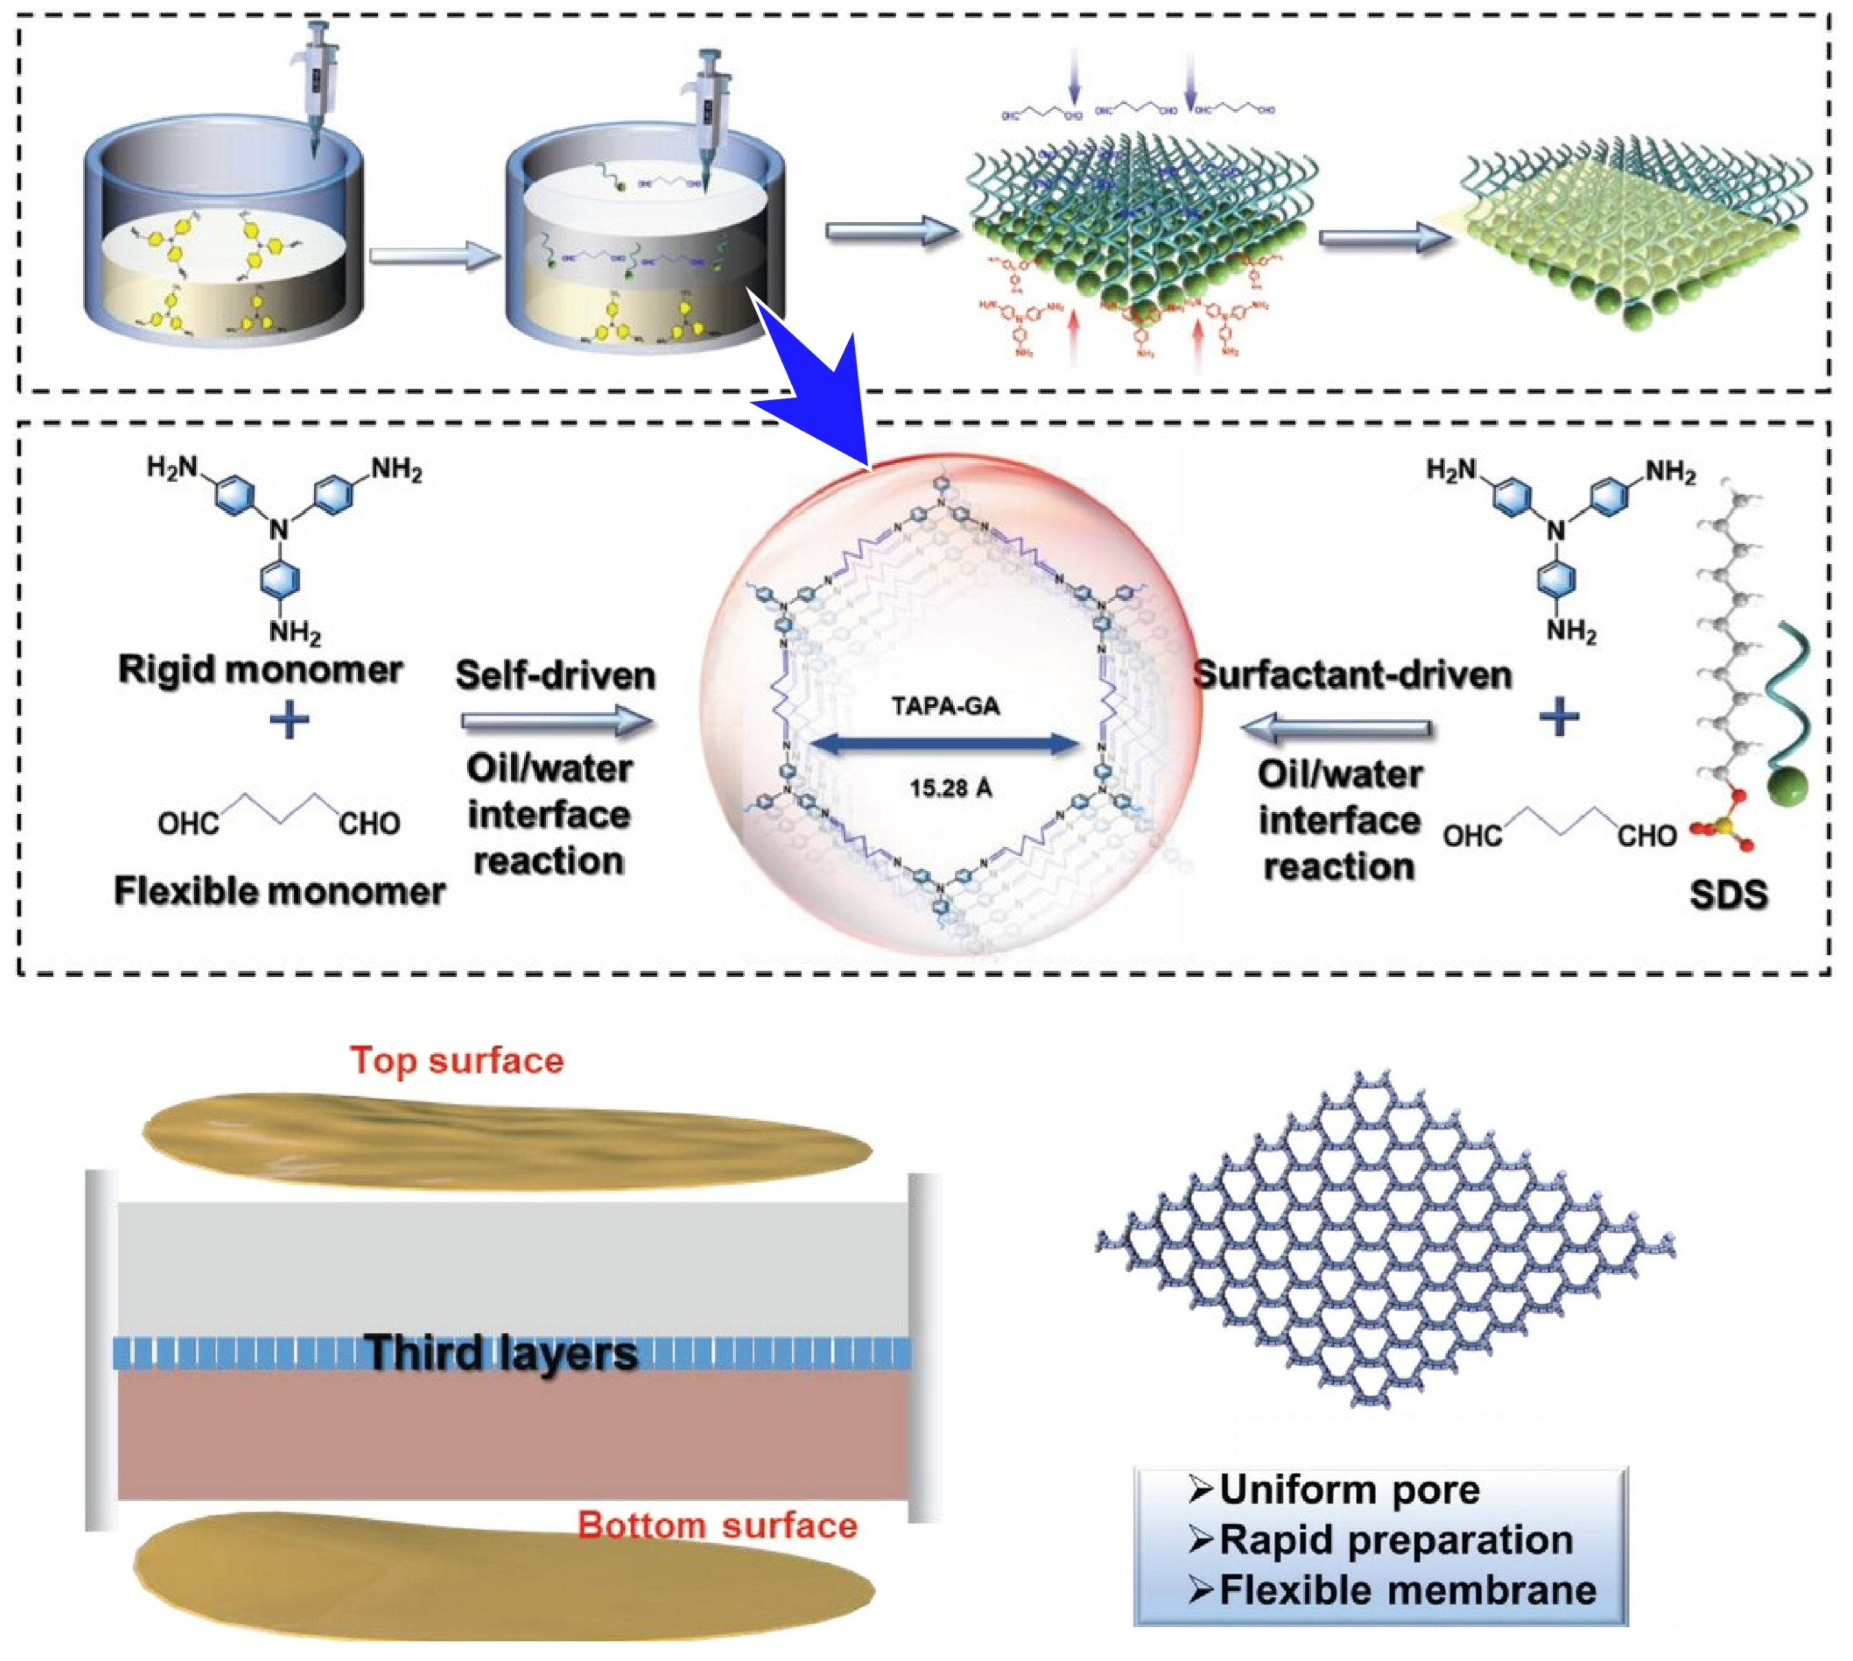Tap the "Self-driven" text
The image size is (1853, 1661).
555,675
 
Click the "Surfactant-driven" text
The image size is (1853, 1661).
1352,675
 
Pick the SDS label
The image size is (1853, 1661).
1728,894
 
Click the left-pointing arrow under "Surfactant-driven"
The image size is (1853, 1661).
1334,727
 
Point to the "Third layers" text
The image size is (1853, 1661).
501,1352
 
